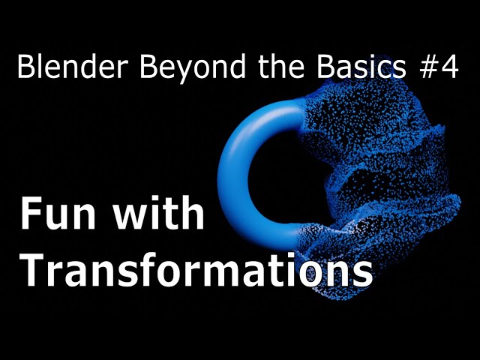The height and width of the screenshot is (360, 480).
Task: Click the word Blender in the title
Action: point(73,67)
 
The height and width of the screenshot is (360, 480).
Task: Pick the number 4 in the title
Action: point(450,67)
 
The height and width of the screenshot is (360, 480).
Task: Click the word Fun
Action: point(58,213)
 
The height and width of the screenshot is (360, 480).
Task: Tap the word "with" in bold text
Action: point(158,211)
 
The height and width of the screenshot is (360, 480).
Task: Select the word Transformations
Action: point(196,270)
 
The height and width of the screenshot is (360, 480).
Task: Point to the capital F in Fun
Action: point(30,213)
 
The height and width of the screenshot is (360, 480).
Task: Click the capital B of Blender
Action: point(25,67)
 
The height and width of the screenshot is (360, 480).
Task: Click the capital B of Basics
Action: point(325,67)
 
